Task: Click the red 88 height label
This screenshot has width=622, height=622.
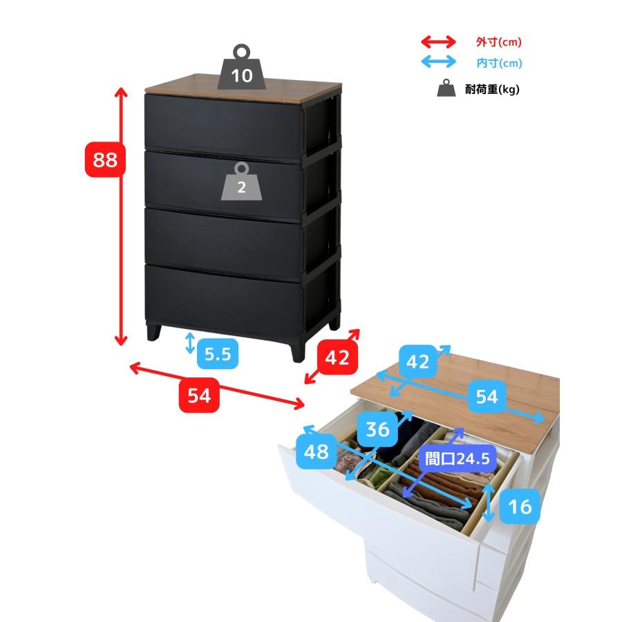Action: [x=105, y=160]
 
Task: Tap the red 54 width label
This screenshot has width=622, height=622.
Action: [x=199, y=395]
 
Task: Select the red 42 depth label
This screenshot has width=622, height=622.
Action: [x=337, y=357]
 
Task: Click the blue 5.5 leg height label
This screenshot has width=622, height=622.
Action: [x=218, y=353]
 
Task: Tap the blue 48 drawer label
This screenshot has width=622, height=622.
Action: [x=316, y=451]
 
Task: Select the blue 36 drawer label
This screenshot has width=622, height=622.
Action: [x=377, y=428]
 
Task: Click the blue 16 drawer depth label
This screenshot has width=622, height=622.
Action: [x=520, y=506]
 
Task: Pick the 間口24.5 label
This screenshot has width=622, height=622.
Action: [x=458, y=459]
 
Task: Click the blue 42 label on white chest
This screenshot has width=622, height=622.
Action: [x=417, y=361]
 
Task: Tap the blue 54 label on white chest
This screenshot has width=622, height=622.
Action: [x=487, y=396]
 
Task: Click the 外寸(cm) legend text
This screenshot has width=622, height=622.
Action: [x=498, y=42]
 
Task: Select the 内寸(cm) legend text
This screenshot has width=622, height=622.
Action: [x=499, y=63]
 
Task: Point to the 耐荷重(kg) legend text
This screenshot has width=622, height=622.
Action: [x=492, y=89]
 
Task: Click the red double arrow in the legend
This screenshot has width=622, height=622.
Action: [x=438, y=41]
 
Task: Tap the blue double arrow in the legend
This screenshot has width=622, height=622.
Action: [x=438, y=62]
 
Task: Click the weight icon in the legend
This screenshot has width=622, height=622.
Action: [x=446, y=88]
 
